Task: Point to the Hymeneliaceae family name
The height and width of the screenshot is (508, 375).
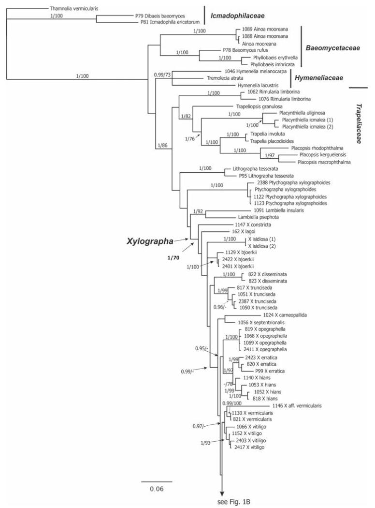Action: tap(319, 78)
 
